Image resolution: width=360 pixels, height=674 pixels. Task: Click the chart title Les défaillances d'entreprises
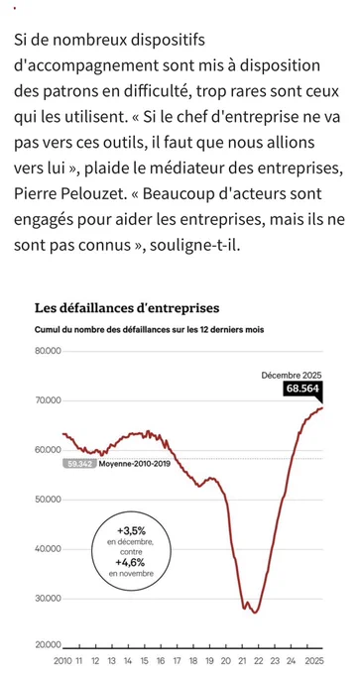pos(127,308)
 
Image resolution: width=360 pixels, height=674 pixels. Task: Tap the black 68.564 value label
pos(301,389)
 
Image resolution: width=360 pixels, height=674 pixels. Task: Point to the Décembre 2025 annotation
pos(292,376)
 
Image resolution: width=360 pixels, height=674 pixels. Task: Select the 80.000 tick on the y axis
pos(48,351)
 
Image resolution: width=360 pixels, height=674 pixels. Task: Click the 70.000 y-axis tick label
pos(48,400)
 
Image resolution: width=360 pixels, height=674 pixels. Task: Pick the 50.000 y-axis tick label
pos(48,500)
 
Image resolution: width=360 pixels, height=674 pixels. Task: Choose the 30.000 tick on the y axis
pos(48,599)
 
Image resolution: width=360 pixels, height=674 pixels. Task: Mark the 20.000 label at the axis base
pos(48,645)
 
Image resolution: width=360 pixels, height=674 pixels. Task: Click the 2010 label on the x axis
pos(62,661)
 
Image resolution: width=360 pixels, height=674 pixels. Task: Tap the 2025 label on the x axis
pos(313,661)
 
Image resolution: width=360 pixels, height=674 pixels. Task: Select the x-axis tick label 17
pos(177,661)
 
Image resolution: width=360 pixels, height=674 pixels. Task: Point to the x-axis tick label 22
pos(259,661)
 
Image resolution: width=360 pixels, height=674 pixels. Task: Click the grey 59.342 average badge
pos(79,464)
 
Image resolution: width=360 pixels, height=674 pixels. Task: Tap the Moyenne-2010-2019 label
pos(135,464)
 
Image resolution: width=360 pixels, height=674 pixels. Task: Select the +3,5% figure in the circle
pos(131,530)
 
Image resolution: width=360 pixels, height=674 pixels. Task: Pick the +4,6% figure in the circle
pos(131,563)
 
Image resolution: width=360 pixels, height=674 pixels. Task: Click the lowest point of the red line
pos(255,613)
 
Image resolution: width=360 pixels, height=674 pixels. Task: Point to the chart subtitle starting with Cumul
pos(149,330)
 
